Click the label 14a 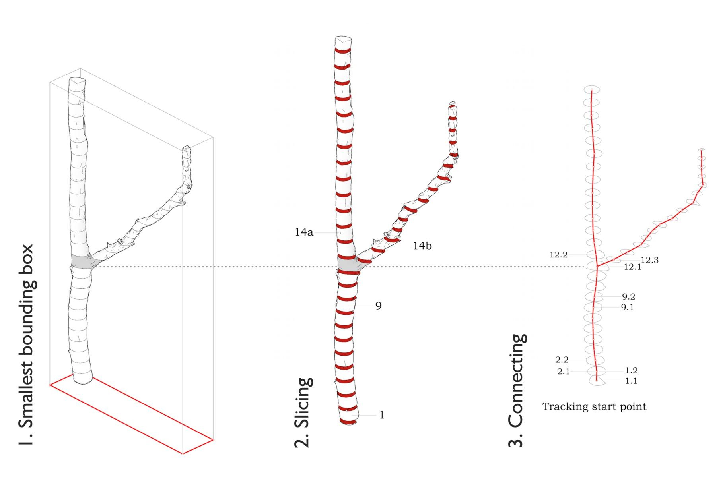(304, 232)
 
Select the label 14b (422, 246)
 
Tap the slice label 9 (378, 306)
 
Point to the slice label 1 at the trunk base (382, 415)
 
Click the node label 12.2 (558, 255)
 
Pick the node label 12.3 (649, 260)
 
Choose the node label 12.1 (632, 267)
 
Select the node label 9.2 (628, 296)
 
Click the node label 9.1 (627, 307)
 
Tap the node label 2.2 (562, 360)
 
